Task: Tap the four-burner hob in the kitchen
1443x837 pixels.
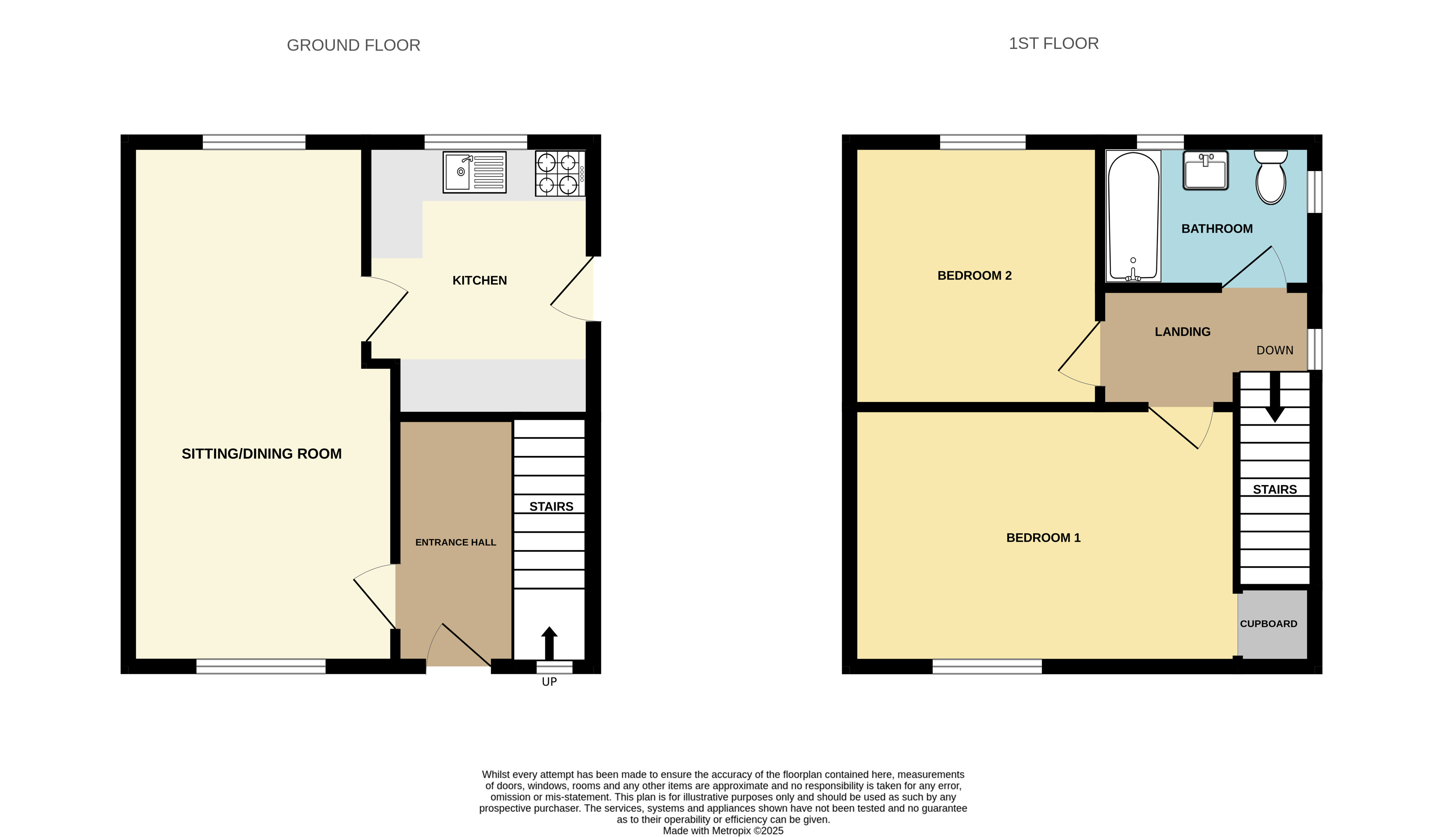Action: [x=560, y=173]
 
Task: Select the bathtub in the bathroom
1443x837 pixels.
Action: [x=1133, y=216]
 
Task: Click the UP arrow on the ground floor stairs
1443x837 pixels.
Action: [x=549, y=643]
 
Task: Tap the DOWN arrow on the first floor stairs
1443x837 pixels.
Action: [x=1275, y=397]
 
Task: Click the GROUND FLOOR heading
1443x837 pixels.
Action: [x=353, y=45]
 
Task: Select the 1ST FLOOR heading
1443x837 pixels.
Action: [x=1054, y=44]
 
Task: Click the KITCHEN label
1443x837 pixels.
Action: [x=480, y=280]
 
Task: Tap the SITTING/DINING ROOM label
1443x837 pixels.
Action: [x=262, y=454]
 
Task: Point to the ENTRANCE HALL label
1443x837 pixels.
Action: [x=456, y=542]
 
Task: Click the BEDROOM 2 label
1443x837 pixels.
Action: [x=975, y=276]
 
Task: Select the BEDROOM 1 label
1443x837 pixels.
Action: [x=1043, y=538]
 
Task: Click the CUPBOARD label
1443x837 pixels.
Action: [x=1269, y=624]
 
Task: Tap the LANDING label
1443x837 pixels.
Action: [x=1183, y=332]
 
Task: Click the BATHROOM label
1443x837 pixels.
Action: [x=1217, y=229]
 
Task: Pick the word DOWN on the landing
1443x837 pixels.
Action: [x=1275, y=350]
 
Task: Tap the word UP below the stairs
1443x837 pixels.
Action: [x=549, y=681]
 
